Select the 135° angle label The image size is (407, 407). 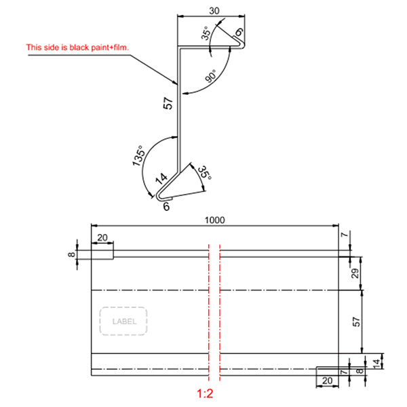pos(138,157)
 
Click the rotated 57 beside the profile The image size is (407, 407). pos(169,104)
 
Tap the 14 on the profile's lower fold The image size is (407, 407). pos(161,180)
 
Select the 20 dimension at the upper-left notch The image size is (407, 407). pos(103,237)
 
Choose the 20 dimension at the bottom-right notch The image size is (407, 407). pos(327,382)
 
